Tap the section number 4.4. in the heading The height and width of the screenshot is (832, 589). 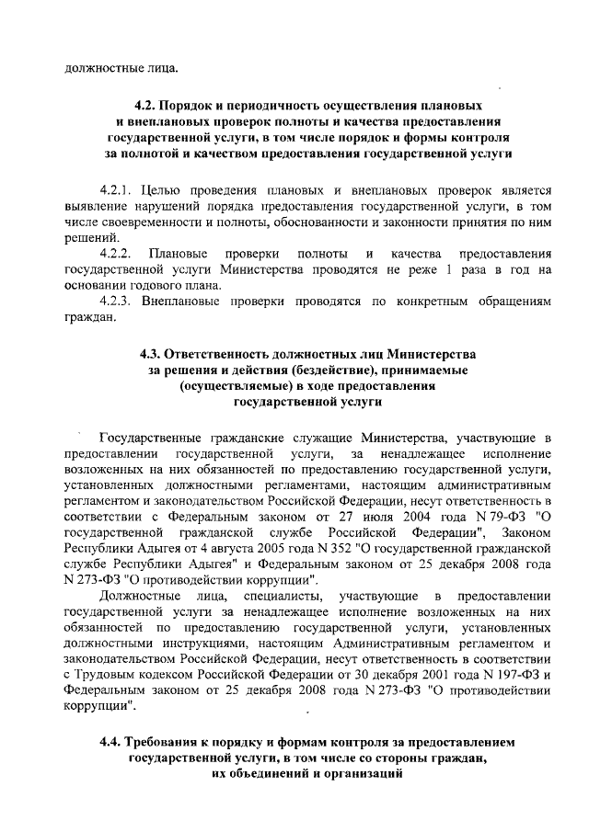point(112,741)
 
